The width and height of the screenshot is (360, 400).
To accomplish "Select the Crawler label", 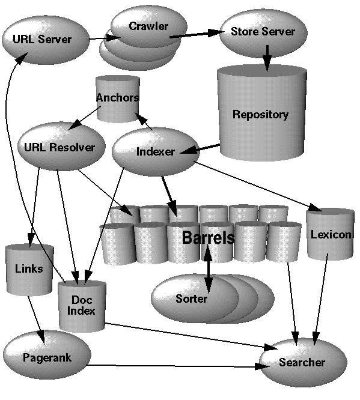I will click(148, 26).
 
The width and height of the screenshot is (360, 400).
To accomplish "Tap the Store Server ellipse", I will click(262, 32).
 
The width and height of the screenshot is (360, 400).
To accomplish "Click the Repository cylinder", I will click(260, 114).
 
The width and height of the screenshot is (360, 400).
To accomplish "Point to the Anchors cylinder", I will click(118, 98).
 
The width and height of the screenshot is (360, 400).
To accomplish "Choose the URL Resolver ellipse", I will click(60, 147).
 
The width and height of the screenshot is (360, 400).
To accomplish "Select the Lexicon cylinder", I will click(330, 234).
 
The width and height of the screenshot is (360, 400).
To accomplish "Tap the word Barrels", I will click(208, 238).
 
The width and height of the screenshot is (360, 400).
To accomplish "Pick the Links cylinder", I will click(29, 268).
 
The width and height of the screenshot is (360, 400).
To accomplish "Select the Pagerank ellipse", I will click(47, 358).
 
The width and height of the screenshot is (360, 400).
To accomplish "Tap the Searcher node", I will click(302, 362).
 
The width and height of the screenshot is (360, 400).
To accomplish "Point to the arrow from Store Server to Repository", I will click(266, 56).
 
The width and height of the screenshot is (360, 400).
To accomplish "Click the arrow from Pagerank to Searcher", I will click(174, 366).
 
